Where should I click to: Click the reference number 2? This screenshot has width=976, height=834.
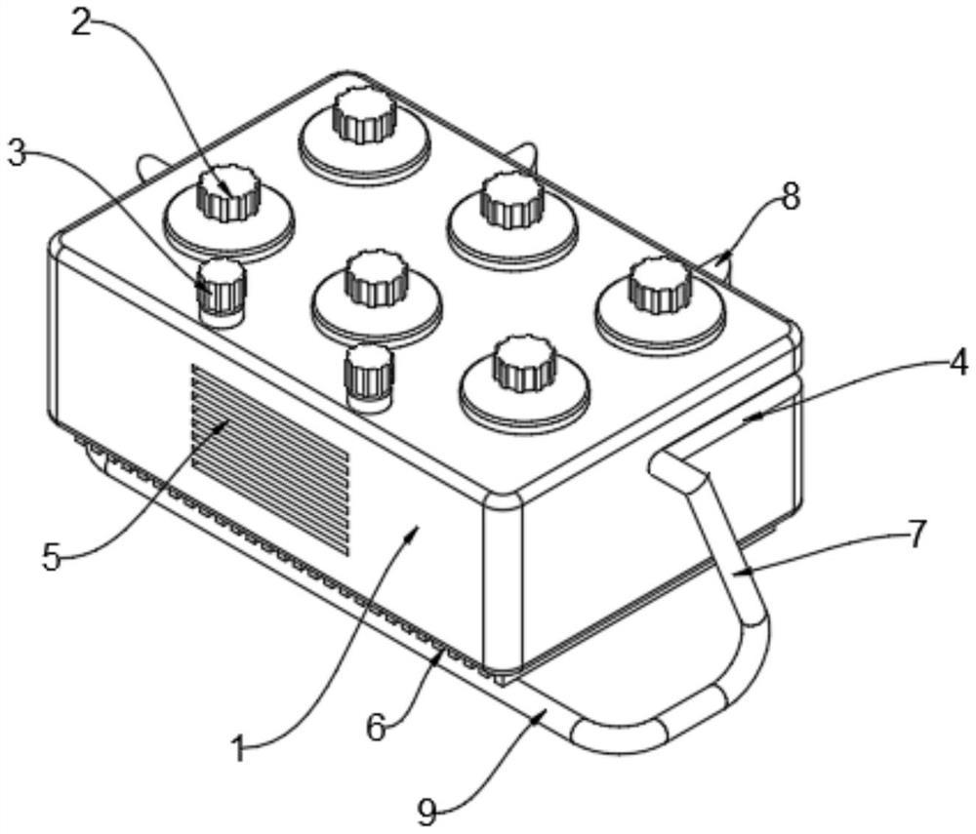click(82, 21)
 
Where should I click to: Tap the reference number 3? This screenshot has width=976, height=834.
click(16, 152)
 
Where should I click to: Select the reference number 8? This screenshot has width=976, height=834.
click(790, 198)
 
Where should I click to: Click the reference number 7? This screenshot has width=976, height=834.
click(915, 535)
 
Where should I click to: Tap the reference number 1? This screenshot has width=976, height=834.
click(239, 747)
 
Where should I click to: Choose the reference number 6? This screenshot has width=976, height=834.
click(376, 728)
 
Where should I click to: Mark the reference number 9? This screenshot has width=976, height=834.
click(427, 813)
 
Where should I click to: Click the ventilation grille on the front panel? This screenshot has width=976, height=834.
click(270, 459)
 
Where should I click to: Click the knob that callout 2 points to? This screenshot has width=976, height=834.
click(227, 192)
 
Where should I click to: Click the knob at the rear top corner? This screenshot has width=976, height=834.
click(365, 115)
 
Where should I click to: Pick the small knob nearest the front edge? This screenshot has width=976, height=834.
click(369, 377)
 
